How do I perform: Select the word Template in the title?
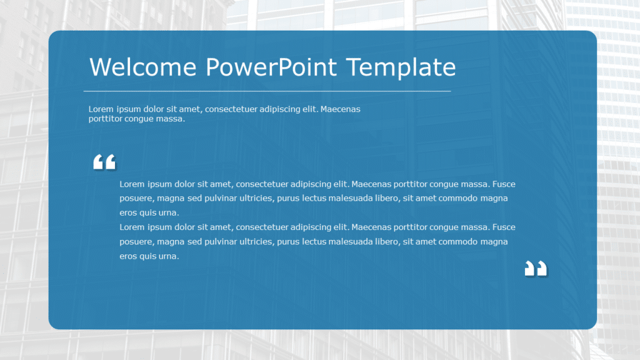402,67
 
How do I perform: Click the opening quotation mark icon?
104,162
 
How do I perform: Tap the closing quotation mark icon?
536,269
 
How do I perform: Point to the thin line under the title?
267,91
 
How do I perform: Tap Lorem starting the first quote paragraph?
132,184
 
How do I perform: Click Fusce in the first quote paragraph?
504,184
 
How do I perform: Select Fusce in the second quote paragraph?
504,227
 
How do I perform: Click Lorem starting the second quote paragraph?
132,227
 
